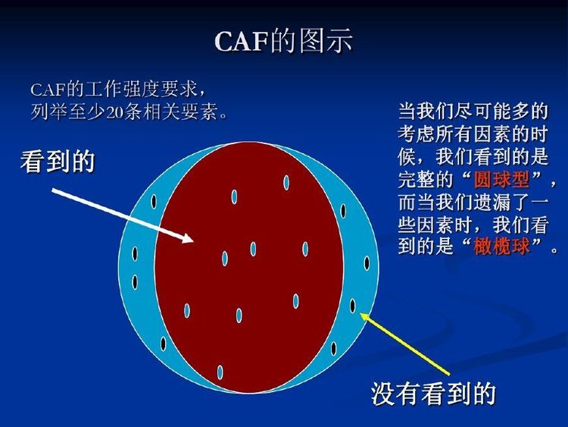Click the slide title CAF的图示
pos(284,40)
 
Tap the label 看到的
pos(58,162)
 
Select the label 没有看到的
pos(433,394)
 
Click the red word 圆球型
pos(501,180)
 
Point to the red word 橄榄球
pos(501,246)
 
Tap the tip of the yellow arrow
pos(360,314)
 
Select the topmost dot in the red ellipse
pos(286,183)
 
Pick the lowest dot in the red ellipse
pos(220,372)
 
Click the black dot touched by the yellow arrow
pos(353,306)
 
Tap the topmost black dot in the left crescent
pos(154,201)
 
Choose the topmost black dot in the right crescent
pos(343,211)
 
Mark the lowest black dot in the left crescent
pos(164,344)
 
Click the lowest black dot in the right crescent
pos(333,349)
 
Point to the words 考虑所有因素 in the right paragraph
pos(454,134)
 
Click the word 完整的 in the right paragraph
pos(426,180)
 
